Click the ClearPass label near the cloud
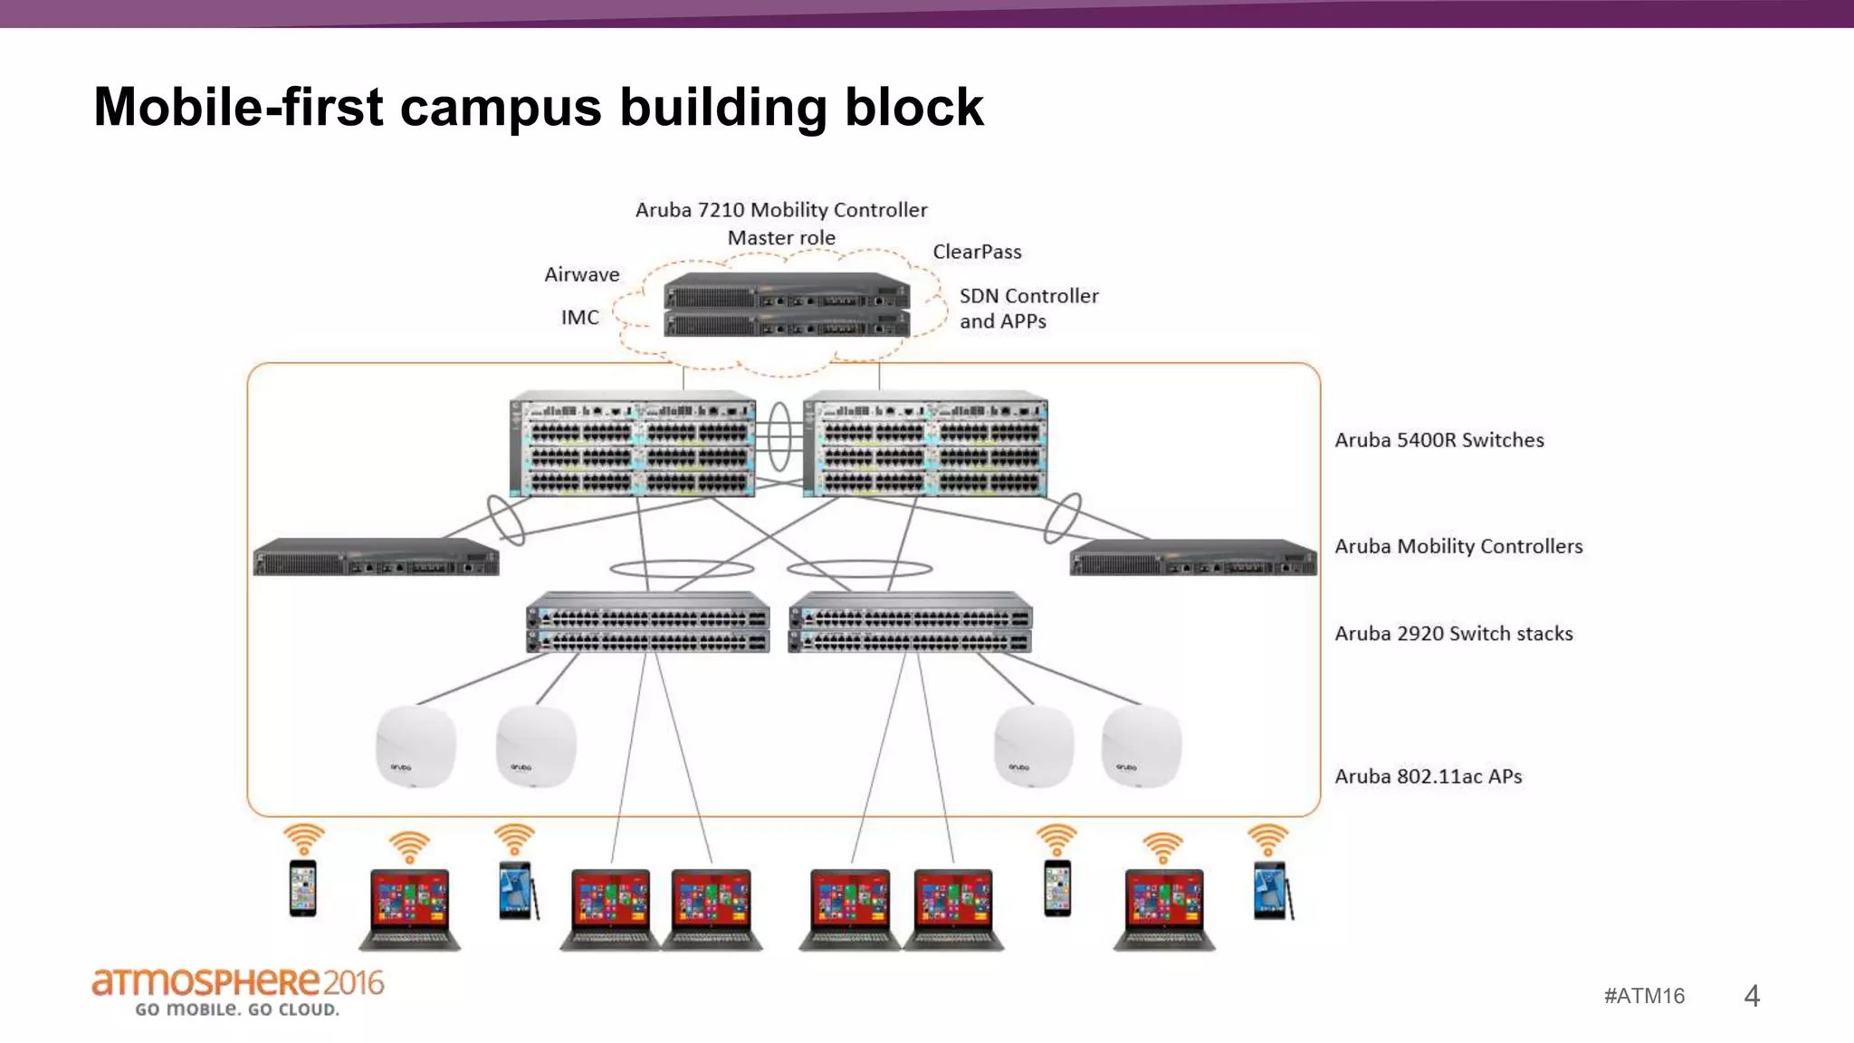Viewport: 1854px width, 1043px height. (977, 252)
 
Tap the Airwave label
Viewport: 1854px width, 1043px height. (581, 274)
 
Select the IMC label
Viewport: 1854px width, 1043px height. (579, 318)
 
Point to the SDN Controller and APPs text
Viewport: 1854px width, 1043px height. (1028, 309)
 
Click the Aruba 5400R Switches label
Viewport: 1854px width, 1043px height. (1438, 440)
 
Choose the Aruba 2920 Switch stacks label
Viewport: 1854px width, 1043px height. (1453, 634)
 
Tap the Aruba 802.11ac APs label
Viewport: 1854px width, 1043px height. (1428, 777)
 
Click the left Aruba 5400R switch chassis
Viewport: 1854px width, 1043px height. (632, 445)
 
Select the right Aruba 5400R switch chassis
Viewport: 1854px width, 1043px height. (925, 445)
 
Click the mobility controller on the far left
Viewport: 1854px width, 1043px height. (376, 558)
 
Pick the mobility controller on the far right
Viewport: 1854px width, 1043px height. (1192, 558)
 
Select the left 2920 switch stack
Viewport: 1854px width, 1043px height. (647, 623)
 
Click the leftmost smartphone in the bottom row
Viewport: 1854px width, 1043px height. (302, 888)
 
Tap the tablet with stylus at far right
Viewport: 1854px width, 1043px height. (1272, 891)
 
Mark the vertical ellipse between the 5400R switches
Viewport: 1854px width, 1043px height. (779, 435)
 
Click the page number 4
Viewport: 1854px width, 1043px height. (1751, 996)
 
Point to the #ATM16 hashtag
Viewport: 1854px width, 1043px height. (1644, 996)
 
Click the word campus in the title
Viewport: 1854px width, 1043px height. (500, 107)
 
